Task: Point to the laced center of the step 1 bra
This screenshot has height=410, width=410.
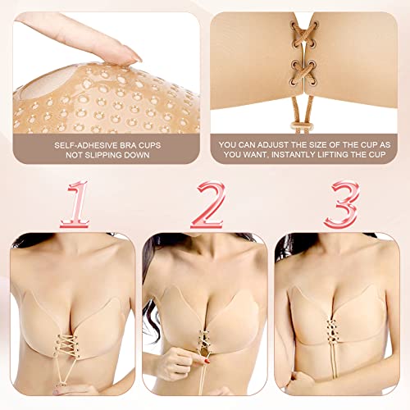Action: (71, 348)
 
